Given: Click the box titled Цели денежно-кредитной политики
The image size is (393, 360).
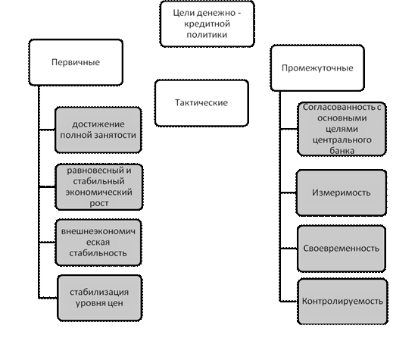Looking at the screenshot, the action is [x=207, y=23].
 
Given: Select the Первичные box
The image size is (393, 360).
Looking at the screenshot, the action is [x=76, y=62].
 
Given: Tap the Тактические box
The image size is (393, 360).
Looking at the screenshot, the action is [x=201, y=103].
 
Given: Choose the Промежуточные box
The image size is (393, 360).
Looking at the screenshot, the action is [x=317, y=68].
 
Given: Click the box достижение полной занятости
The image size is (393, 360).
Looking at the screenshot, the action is [x=98, y=130].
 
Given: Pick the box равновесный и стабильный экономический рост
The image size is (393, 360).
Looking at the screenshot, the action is [x=99, y=186].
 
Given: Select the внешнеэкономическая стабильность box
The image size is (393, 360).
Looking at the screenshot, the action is [x=98, y=243].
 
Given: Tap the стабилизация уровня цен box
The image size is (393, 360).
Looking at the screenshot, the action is [x=99, y=298].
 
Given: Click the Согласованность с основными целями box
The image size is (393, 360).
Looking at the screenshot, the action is [x=342, y=129].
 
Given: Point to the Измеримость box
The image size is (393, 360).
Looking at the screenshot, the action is [x=342, y=193].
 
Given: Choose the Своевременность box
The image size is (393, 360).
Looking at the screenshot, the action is [x=342, y=249].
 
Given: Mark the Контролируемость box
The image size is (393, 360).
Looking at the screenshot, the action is [x=342, y=301].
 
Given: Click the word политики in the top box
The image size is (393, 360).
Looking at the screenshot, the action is [x=207, y=35].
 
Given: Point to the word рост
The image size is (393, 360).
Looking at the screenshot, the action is [x=99, y=203].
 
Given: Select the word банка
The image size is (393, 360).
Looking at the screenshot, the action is [x=342, y=151].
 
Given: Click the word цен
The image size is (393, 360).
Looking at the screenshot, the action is [x=115, y=303].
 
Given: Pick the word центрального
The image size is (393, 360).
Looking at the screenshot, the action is [x=342, y=140].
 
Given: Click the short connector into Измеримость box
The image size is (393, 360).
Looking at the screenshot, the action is [x=289, y=193].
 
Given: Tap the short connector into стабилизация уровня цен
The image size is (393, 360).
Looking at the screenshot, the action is [x=48, y=298].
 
